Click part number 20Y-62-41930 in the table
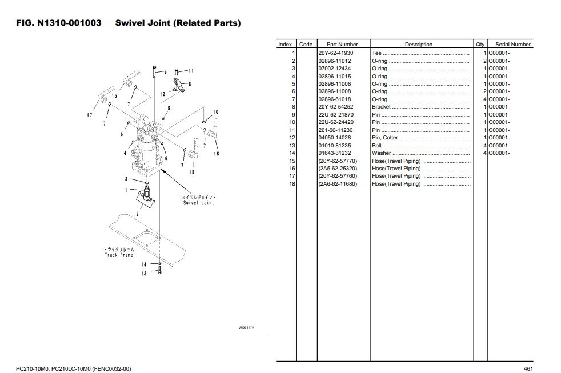(x=336, y=53)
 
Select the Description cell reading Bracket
(x=382, y=107)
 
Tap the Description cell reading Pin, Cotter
(x=385, y=138)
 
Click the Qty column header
(x=480, y=44)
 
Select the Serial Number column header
(x=513, y=44)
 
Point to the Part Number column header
(x=342, y=44)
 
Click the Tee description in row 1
(x=376, y=53)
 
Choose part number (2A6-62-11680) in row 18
(x=337, y=184)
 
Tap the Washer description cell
(x=382, y=153)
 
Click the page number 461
(x=528, y=368)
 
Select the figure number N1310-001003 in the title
(x=69, y=23)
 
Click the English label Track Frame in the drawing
(x=118, y=255)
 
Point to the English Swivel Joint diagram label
(x=198, y=203)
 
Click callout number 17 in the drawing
(x=90, y=115)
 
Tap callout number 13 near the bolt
(x=144, y=274)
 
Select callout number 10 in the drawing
(x=215, y=112)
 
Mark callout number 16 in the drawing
(x=217, y=153)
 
